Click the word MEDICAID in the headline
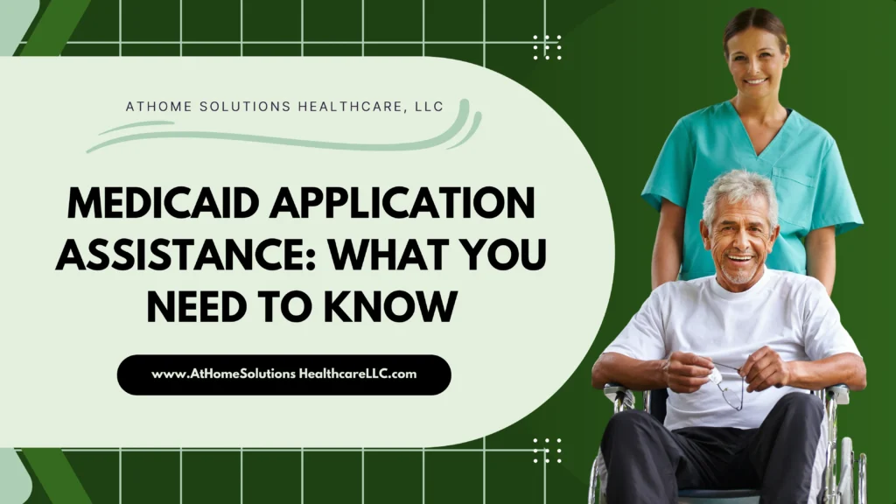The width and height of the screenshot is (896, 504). [163, 203]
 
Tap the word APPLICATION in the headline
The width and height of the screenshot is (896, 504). [402, 203]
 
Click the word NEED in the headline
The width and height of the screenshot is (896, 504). [197, 306]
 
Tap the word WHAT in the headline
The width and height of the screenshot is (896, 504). [389, 255]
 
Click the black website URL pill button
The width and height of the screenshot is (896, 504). [284, 374]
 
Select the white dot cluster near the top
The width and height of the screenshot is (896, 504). [547, 47]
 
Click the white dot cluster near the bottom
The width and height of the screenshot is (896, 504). [547, 451]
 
